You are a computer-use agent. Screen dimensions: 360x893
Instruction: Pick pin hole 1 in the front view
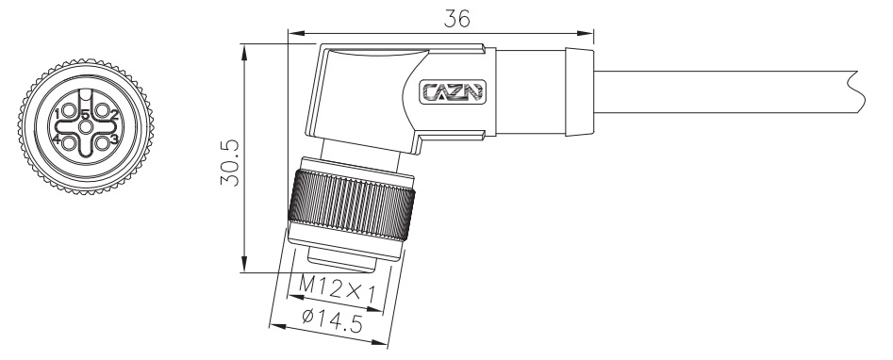[x=70, y=111]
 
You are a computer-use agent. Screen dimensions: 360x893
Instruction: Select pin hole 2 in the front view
[x=102, y=111]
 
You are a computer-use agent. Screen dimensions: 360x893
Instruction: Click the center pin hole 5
[x=86, y=127]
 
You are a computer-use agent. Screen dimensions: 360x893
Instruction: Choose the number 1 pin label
[x=58, y=115]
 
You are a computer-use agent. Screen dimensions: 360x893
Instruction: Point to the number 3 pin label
[x=113, y=140]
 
